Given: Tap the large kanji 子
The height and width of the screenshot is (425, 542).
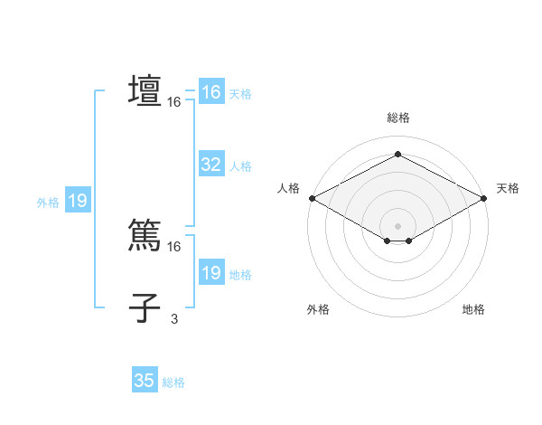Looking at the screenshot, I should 145,307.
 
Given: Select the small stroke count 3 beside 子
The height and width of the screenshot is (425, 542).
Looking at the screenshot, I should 174,318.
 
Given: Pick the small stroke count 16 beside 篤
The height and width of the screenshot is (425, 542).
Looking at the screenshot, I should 173,246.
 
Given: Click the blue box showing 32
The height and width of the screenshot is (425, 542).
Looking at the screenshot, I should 210,165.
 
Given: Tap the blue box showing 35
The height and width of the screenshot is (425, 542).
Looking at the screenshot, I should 145,381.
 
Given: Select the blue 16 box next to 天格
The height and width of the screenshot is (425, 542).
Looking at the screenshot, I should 210,92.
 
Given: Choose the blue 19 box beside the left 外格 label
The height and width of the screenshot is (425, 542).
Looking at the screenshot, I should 78,201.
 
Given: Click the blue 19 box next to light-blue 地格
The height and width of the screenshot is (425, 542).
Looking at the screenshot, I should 210,273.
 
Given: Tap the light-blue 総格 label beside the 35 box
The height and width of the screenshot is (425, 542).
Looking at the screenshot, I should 173,382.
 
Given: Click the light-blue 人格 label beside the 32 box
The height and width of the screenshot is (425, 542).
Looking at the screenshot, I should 240,166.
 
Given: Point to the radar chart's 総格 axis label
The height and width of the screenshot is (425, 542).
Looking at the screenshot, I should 397,118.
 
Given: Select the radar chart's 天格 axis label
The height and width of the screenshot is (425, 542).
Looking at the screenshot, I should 508,188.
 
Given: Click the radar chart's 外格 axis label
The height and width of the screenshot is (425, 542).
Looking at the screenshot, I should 318,309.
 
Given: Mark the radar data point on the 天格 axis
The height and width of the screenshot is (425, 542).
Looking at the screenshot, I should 484,198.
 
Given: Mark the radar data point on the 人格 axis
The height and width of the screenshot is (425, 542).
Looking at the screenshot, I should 312,198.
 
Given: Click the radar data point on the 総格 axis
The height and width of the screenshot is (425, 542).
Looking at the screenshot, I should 397,155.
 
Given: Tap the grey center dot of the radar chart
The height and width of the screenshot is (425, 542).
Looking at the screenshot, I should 397,225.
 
